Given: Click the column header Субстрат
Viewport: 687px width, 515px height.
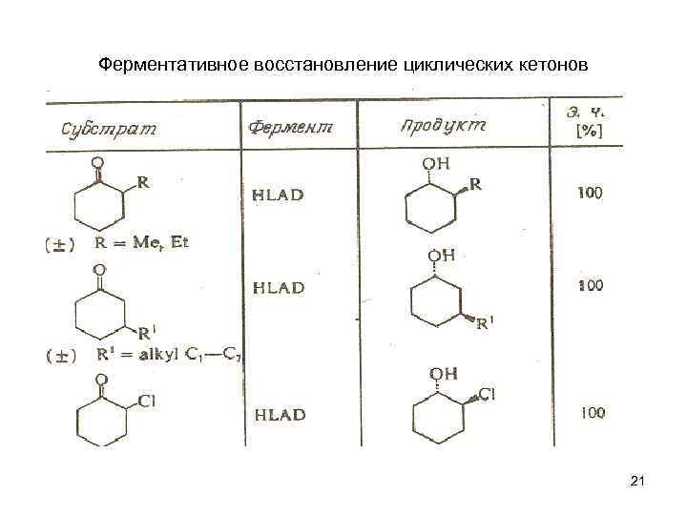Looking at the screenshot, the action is pos(109,128).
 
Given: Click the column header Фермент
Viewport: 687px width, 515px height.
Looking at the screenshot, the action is pos(290,128).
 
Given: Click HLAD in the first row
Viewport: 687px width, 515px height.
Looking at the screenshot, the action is pos(278,195).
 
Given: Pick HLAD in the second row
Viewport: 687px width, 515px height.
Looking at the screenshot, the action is pos(278,287).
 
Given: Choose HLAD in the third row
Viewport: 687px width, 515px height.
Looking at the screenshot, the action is pos(279,414).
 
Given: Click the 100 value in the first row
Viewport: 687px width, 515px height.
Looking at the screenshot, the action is pos(590,193).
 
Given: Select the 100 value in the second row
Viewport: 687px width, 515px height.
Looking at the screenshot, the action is pos(590,285).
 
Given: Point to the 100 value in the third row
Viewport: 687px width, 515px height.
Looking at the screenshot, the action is pos(592,412).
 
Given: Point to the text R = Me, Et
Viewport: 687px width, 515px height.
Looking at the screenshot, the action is pos(142,242).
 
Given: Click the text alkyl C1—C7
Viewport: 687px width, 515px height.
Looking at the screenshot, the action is pos(181,355).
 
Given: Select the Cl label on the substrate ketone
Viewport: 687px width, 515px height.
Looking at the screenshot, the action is pos(147,401).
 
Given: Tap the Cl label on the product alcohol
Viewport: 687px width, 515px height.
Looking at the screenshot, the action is pos(487,393).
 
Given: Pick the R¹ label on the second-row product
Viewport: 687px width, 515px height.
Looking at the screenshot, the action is pos(485,323).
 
